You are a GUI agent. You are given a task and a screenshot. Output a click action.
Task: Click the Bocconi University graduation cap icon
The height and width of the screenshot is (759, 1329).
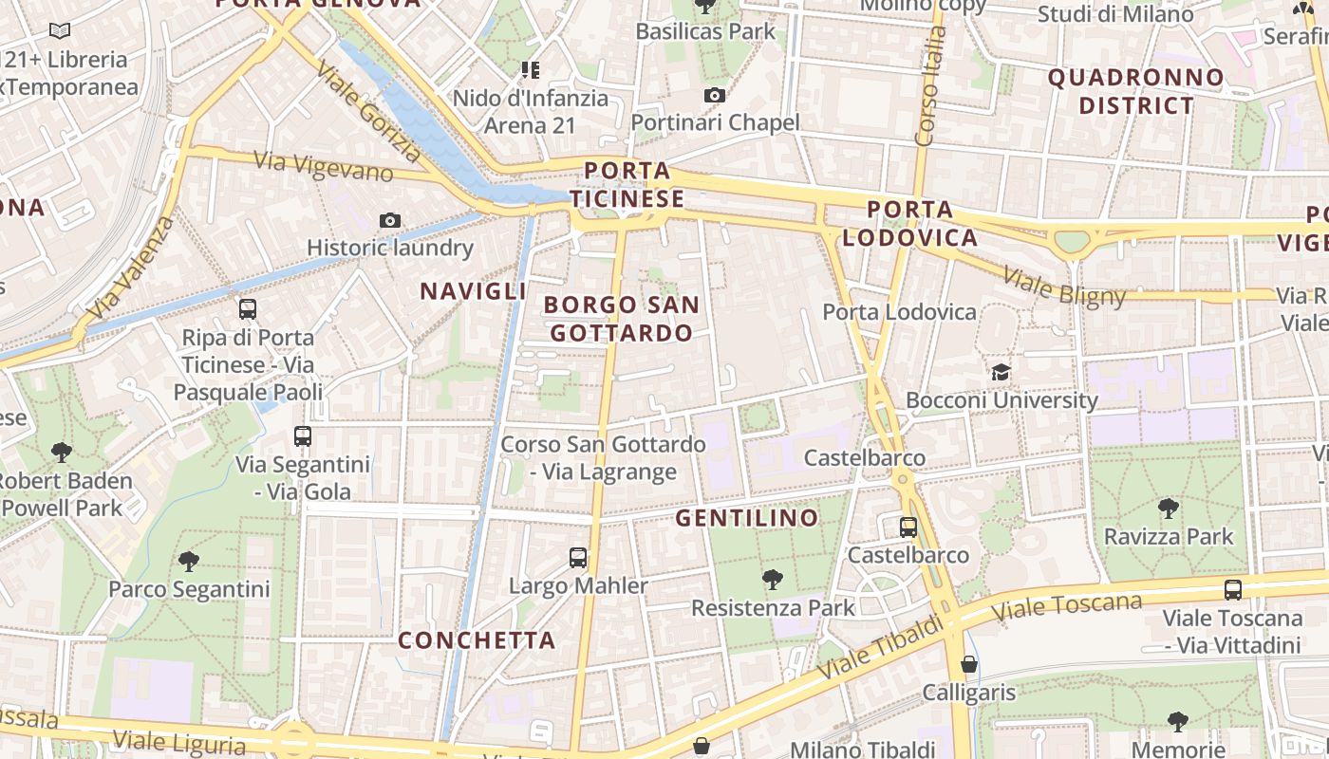pos(1001,371)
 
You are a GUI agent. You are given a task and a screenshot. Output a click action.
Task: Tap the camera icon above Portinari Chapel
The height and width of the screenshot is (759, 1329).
pos(715,95)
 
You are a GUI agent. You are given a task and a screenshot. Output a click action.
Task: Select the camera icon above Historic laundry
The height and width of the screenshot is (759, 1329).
pos(389,221)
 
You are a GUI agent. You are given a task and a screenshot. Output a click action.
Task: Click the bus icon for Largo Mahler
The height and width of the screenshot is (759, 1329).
pos(578,558)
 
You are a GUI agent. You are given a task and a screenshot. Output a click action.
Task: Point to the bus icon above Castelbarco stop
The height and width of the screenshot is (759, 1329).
pos(908,527)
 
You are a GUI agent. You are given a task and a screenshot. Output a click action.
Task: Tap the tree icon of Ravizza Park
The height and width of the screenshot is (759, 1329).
pos(1169,509)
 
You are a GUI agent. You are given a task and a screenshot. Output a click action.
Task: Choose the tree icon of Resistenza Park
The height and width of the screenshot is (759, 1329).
pos(773,579)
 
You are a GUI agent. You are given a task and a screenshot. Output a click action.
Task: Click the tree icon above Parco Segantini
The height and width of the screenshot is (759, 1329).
pos(189,561)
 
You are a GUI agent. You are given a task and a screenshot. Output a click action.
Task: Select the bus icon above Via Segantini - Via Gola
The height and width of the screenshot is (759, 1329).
pos(303,436)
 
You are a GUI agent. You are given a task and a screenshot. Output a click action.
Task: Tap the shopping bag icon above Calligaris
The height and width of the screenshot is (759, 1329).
pos(969,664)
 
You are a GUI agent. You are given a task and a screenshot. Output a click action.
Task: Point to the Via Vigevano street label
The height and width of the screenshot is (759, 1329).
pos(324,166)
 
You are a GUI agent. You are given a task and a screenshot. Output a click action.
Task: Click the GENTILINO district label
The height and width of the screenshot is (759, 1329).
pos(746,518)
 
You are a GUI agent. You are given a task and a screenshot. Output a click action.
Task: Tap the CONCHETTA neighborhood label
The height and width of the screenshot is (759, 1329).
pos(477,640)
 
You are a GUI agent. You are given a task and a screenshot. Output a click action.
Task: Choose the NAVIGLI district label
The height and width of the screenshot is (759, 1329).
pos(473,291)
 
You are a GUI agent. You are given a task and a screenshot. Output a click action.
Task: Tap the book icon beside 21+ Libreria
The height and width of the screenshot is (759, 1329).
pos(60,31)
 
